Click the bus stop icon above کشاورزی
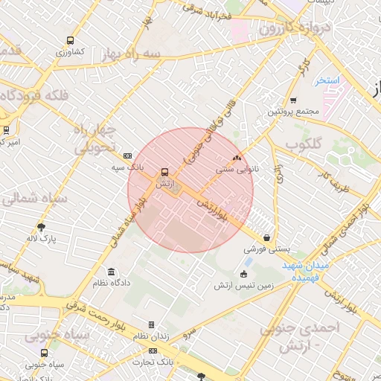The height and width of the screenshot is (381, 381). pyautogui.click(x=71, y=42)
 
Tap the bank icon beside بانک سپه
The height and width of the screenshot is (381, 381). pyautogui.click(x=128, y=156)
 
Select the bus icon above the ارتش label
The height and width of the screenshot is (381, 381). pyautogui.click(x=164, y=170)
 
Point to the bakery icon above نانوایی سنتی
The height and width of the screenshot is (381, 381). pyautogui.click(x=237, y=158)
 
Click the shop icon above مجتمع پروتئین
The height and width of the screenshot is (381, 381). pyautogui.click(x=293, y=100)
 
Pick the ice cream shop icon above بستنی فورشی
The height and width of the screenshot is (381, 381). pyautogui.click(x=266, y=237)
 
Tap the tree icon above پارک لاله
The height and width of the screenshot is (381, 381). pyautogui.click(x=42, y=227)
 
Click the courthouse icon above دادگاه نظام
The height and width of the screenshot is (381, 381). pyautogui.click(x=112, y=272)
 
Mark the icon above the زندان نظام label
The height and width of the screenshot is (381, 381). pyautogui.click(x=152, y=325)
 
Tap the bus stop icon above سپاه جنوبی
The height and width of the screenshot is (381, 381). pyautogui.click(x=45, y=353)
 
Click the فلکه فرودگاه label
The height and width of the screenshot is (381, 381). pyautogui.click(x=36, y=95)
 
